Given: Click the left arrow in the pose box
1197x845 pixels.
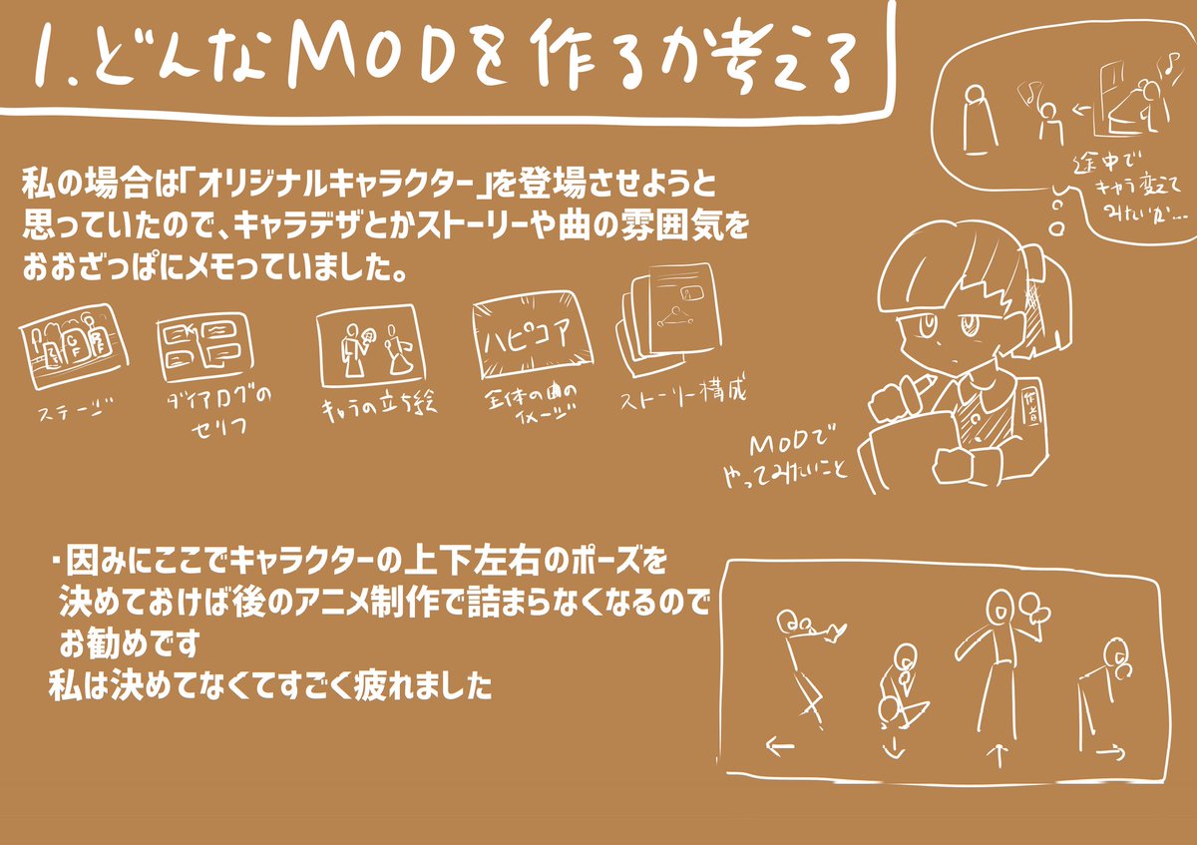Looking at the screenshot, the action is tap(779, 744).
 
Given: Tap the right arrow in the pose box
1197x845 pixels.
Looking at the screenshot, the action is tap(1110, 749).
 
